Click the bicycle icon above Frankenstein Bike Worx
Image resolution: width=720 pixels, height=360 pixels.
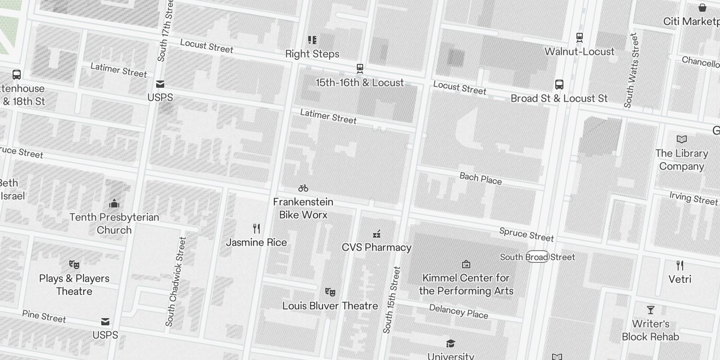303,188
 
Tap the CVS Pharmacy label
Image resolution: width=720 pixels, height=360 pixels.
377,247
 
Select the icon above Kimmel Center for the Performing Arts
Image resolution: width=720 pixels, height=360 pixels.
466,264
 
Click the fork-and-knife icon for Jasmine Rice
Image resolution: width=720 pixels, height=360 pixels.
256,229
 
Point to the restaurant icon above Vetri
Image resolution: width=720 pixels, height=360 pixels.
680,265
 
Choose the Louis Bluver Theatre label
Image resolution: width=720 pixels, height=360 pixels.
330,306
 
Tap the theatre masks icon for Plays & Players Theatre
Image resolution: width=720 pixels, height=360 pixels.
74,264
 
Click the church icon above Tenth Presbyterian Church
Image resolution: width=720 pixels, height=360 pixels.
114,203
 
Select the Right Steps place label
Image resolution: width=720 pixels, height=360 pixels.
312,54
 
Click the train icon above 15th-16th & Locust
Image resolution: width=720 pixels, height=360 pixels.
360,69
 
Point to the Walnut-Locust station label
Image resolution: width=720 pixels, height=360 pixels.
579,52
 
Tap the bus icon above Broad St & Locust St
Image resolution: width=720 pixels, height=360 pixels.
559,84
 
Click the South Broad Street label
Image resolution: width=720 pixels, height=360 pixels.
537,257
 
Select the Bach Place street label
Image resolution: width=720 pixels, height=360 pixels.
481,178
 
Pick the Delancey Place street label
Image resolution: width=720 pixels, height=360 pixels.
459,311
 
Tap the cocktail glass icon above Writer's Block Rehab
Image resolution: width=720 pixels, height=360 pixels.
650,310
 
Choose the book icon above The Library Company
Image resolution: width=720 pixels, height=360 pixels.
682,139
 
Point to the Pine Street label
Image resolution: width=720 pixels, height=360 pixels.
44,316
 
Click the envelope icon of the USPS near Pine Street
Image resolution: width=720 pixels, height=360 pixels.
105,321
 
